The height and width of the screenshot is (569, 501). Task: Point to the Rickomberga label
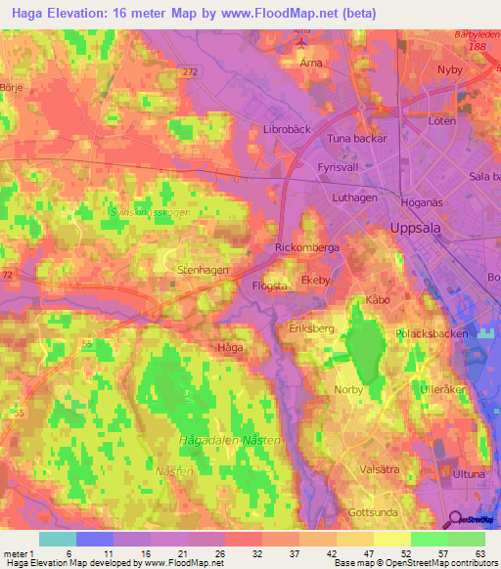307,248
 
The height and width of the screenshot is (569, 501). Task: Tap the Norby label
348,389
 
